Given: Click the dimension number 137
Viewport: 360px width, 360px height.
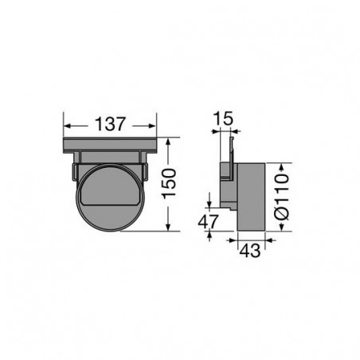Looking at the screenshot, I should point(110,126).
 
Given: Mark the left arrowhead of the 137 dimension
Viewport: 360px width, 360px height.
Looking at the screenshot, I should point(69,126).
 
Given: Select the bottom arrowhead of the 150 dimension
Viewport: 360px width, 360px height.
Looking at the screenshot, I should point(170,229).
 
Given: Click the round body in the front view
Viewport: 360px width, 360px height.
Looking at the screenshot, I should point(112,199).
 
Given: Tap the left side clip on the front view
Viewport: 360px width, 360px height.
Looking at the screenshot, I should point(74,170).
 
